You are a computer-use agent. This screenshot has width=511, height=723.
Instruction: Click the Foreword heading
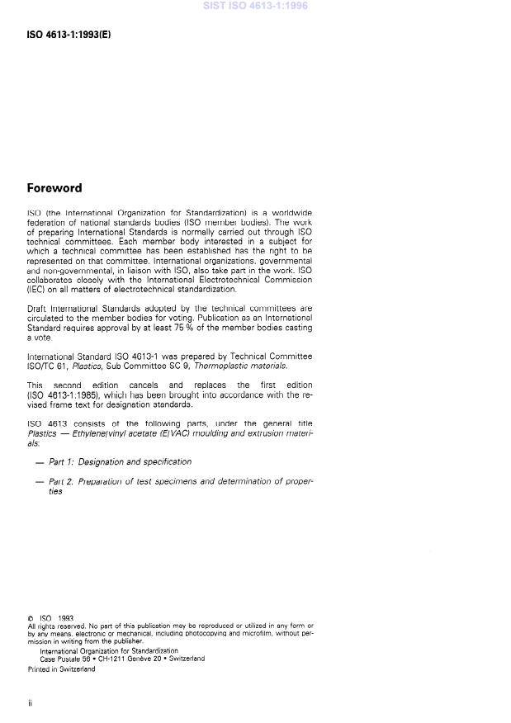(x=54, y=188)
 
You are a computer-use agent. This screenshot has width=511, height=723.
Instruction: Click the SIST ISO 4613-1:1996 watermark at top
(x=255, y=7)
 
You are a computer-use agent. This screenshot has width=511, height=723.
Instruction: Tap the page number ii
(x=30, y=702)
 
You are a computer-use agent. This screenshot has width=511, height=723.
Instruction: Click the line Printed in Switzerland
(x=61, y=669)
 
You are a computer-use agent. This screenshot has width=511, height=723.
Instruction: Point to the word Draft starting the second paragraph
(x=38, y=309)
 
